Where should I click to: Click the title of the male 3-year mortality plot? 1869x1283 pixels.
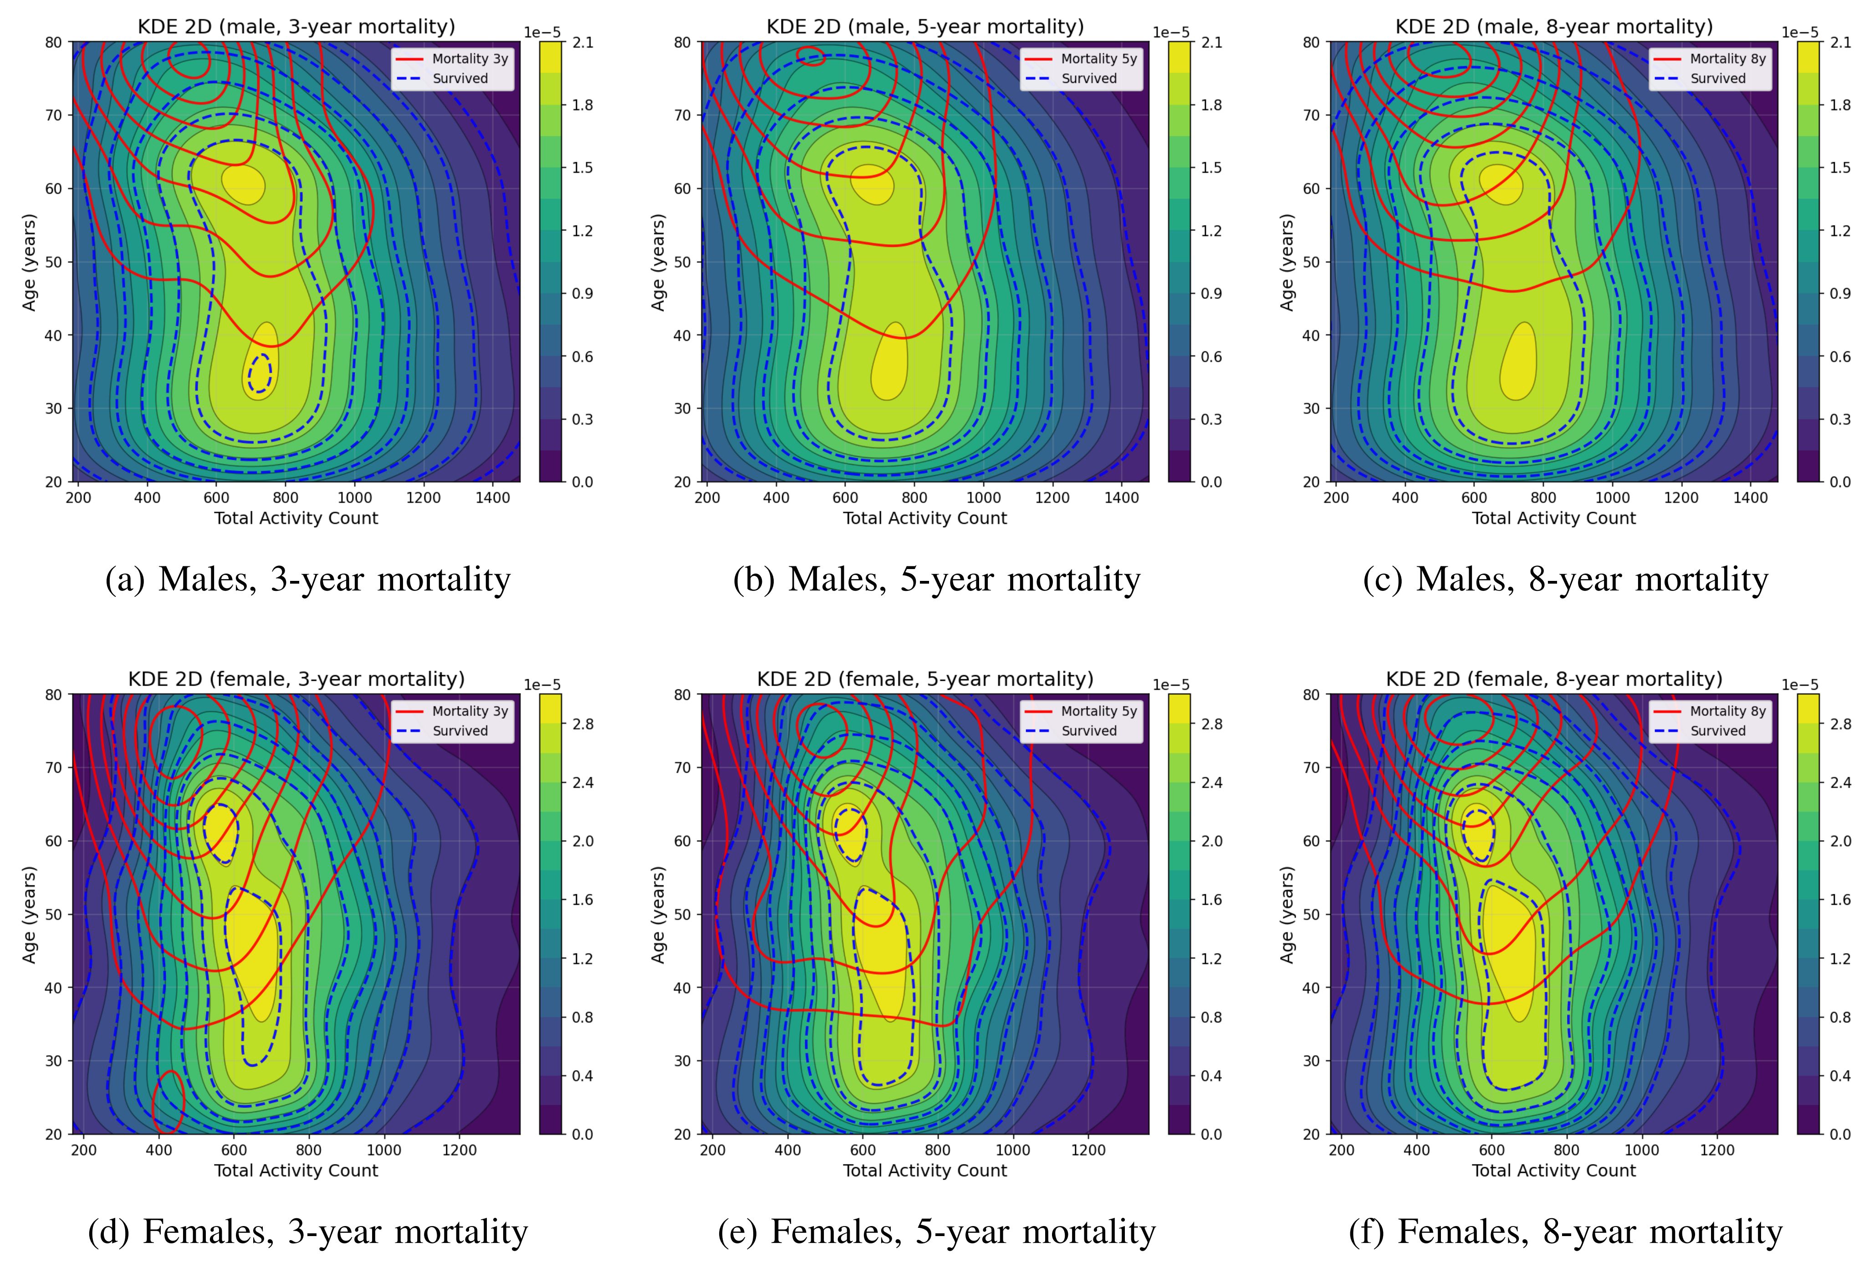coord(296,26)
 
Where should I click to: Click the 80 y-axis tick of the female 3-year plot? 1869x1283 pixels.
coord(53,694)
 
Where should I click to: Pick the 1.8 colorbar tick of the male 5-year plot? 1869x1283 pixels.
coord(1211,105)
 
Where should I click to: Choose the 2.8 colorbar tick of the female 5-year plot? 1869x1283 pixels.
coord(1211,724)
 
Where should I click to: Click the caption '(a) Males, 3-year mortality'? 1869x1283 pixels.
coord(308,579)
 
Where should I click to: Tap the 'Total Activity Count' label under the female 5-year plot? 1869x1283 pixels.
coord(925,1170)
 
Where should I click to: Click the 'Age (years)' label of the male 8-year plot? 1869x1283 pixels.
coord(1287,262)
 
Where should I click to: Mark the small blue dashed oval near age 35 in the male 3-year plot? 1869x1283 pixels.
coord(260,374)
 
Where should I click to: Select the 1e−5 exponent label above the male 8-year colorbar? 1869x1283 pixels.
coord(1800,32)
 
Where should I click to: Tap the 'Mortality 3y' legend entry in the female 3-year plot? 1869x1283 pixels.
coord(470,711)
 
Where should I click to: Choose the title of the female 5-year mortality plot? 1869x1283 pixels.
coord(925,679)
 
